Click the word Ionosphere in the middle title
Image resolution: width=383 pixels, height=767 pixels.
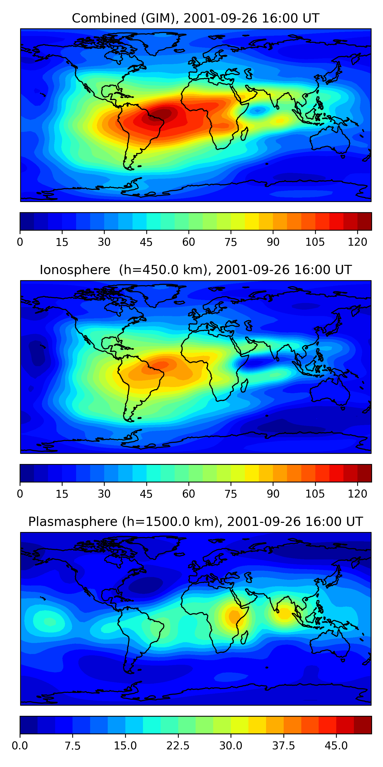(75, 270)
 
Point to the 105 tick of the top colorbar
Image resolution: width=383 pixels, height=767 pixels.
(315, 242)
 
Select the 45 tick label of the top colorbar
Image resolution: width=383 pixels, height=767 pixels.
(146, 242)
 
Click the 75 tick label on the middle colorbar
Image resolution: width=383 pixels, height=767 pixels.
(231, 494)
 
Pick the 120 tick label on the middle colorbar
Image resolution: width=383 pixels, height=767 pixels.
(357, 494)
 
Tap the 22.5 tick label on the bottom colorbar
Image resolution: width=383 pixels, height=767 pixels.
(178, 746)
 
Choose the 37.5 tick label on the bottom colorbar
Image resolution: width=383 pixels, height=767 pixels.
(283, 746)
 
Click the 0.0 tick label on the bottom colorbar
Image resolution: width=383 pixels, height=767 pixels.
(20, 746)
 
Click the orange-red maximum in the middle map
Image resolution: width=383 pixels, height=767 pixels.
(161, 365)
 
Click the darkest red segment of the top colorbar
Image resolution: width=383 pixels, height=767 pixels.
(365, 221)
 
